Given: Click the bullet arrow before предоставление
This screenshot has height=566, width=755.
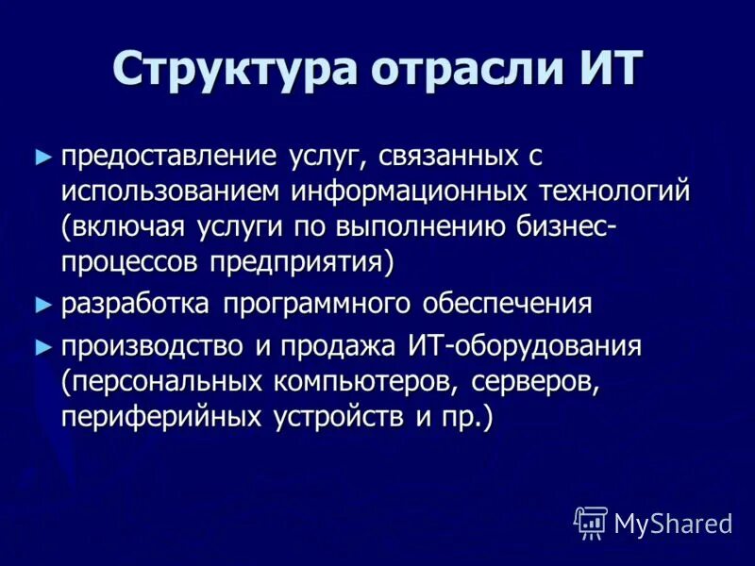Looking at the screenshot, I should pos(41,157).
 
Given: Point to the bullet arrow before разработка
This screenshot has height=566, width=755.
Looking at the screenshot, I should pos(41,304).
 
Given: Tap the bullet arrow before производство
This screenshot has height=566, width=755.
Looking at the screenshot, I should pos(41,347).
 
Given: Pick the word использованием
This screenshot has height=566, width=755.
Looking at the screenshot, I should pos(172,191).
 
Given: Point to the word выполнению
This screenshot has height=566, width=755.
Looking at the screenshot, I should pos(432,227).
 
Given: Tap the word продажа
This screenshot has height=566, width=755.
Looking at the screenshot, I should pos(335,347).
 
